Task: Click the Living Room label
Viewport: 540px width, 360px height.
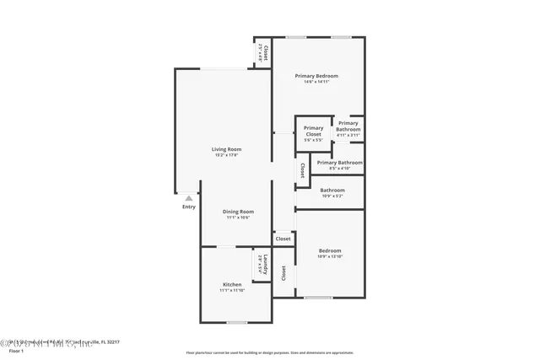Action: coord(226,149)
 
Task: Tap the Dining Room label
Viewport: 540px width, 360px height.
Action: coord(238,211)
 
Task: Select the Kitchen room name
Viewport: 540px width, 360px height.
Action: coord(232,284)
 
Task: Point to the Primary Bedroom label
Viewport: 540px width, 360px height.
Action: coord(316,76)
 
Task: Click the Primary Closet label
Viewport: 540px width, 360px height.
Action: coord(313,131)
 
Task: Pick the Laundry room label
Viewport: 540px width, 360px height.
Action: coord(265,263)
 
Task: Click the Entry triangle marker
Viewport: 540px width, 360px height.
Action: coord(189,199)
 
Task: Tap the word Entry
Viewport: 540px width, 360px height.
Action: coord(189,207)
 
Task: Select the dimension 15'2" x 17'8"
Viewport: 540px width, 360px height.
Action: coord(226,155)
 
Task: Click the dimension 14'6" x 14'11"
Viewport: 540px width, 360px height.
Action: coord(316,82)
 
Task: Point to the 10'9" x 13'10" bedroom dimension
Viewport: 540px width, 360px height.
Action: coord(330,256)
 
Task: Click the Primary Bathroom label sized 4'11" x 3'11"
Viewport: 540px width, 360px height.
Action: coord(348,126)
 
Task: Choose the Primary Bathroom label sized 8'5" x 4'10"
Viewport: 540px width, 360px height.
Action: coord(340,162)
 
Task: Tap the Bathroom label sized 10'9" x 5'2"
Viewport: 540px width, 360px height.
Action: coord(332,190)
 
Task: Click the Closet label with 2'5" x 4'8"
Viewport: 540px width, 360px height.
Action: coord(265,53)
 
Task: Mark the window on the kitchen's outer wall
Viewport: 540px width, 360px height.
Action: coord(237,322)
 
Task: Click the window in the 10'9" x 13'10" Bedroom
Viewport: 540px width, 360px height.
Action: coord(318,297)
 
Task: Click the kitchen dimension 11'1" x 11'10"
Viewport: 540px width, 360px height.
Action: coord(232,290)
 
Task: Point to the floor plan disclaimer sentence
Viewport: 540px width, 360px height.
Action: coord(269,352)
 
